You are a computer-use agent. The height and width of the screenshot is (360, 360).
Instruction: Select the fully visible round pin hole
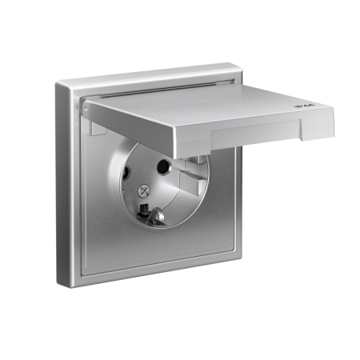click(x=165, y=168)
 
